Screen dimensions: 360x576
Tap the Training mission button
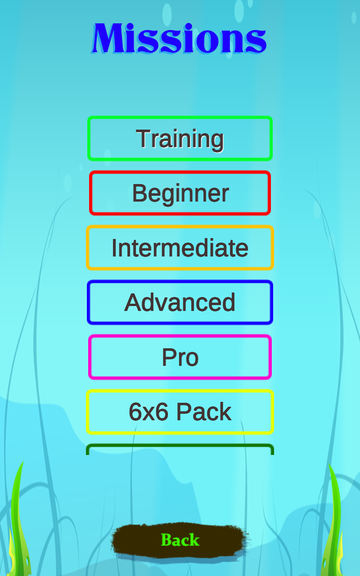coord(180,138)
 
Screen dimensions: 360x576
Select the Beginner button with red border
coord(180,193)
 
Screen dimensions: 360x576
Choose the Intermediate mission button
coord(180,247)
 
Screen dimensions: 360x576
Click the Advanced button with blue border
coord(180,302)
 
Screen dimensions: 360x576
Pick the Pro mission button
coord(180,357)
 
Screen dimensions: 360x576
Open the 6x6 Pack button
coord(180,412)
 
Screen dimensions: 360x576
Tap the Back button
coord(180,540)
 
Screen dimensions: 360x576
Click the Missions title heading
coord(179,39)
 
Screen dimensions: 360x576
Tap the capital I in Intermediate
coord(114,247)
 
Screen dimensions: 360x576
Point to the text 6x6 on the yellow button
coord(148,412)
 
